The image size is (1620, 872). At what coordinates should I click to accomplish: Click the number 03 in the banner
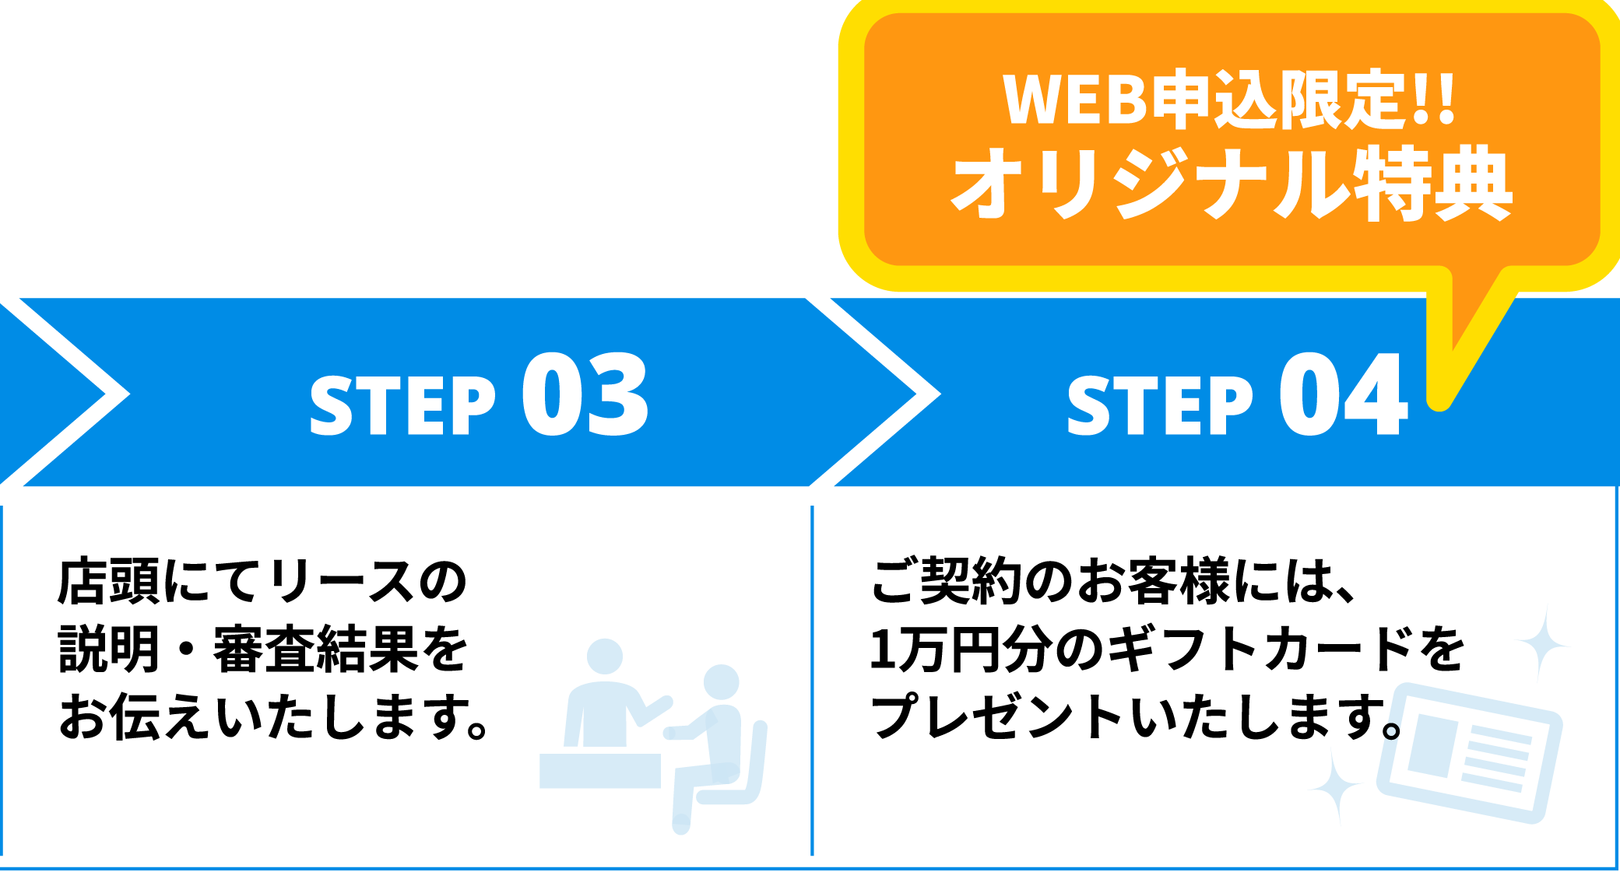pyautogui.click(x=585, y=394)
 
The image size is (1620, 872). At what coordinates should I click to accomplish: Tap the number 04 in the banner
pyautogui.click(x=1344, y=394)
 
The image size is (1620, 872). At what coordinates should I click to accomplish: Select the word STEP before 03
pyautogui.click(x=402, y=405)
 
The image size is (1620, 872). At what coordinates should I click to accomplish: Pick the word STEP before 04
pyautogui.click(x=1160, y=405)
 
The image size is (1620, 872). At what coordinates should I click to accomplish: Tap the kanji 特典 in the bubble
pyautogui.click(x=1432, y=184)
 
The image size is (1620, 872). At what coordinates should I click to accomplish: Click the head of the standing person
pyautogui.click(x=605, y=657)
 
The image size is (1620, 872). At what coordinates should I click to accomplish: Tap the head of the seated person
pyautogui.click(x=721, y=682)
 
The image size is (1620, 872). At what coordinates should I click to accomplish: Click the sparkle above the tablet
pyautogui.click(x=1541, y=644)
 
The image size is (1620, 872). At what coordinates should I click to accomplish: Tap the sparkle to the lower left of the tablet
pyautogui.click(x=1335, y=786)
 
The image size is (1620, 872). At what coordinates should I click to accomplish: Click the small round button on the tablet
pyautogui.click(x=1391, y=731)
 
